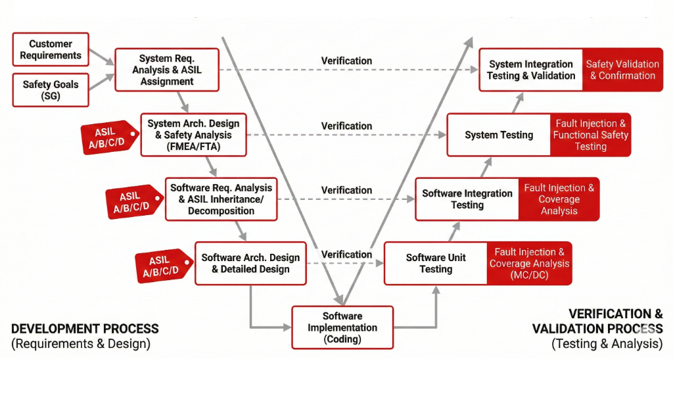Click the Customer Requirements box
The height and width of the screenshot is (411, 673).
[51, 49]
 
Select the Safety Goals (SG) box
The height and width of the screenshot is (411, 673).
[51, 90]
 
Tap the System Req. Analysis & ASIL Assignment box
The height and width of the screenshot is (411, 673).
[167, 70]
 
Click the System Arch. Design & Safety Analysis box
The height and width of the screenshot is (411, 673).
[193, 135]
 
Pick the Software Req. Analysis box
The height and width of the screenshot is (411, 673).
[221, 199]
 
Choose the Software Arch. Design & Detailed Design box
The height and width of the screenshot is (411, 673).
[250, 263]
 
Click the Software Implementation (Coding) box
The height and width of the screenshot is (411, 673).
[342, 327]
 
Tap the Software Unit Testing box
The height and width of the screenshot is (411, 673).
[436, 263]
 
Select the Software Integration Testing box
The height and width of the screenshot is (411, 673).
[467, 199]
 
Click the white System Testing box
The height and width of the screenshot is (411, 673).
[499, 135]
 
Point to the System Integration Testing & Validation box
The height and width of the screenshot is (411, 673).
[531, 70]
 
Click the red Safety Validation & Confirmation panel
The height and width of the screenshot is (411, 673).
[622, 70]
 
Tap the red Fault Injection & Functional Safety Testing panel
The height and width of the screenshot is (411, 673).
[590, 135]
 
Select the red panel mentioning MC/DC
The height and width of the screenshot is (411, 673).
[529, 263]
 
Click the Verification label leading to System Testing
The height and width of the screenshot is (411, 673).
[346, 126]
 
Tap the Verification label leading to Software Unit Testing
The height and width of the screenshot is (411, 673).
[346, 254]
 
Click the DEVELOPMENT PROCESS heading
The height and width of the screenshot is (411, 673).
[85, 329]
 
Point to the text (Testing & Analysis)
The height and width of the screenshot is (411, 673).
[607, 343]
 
